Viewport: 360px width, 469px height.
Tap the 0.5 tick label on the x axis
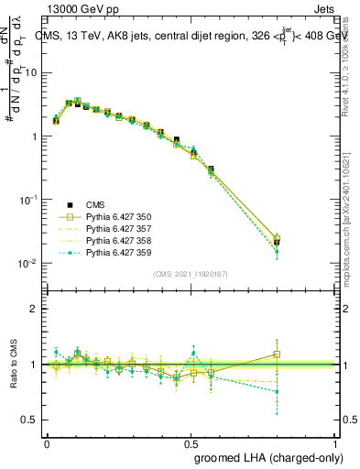(x=192, y=443)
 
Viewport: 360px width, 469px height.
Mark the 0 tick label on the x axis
(x=47, y=443)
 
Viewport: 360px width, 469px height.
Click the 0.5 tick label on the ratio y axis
(x=33, y=420)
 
